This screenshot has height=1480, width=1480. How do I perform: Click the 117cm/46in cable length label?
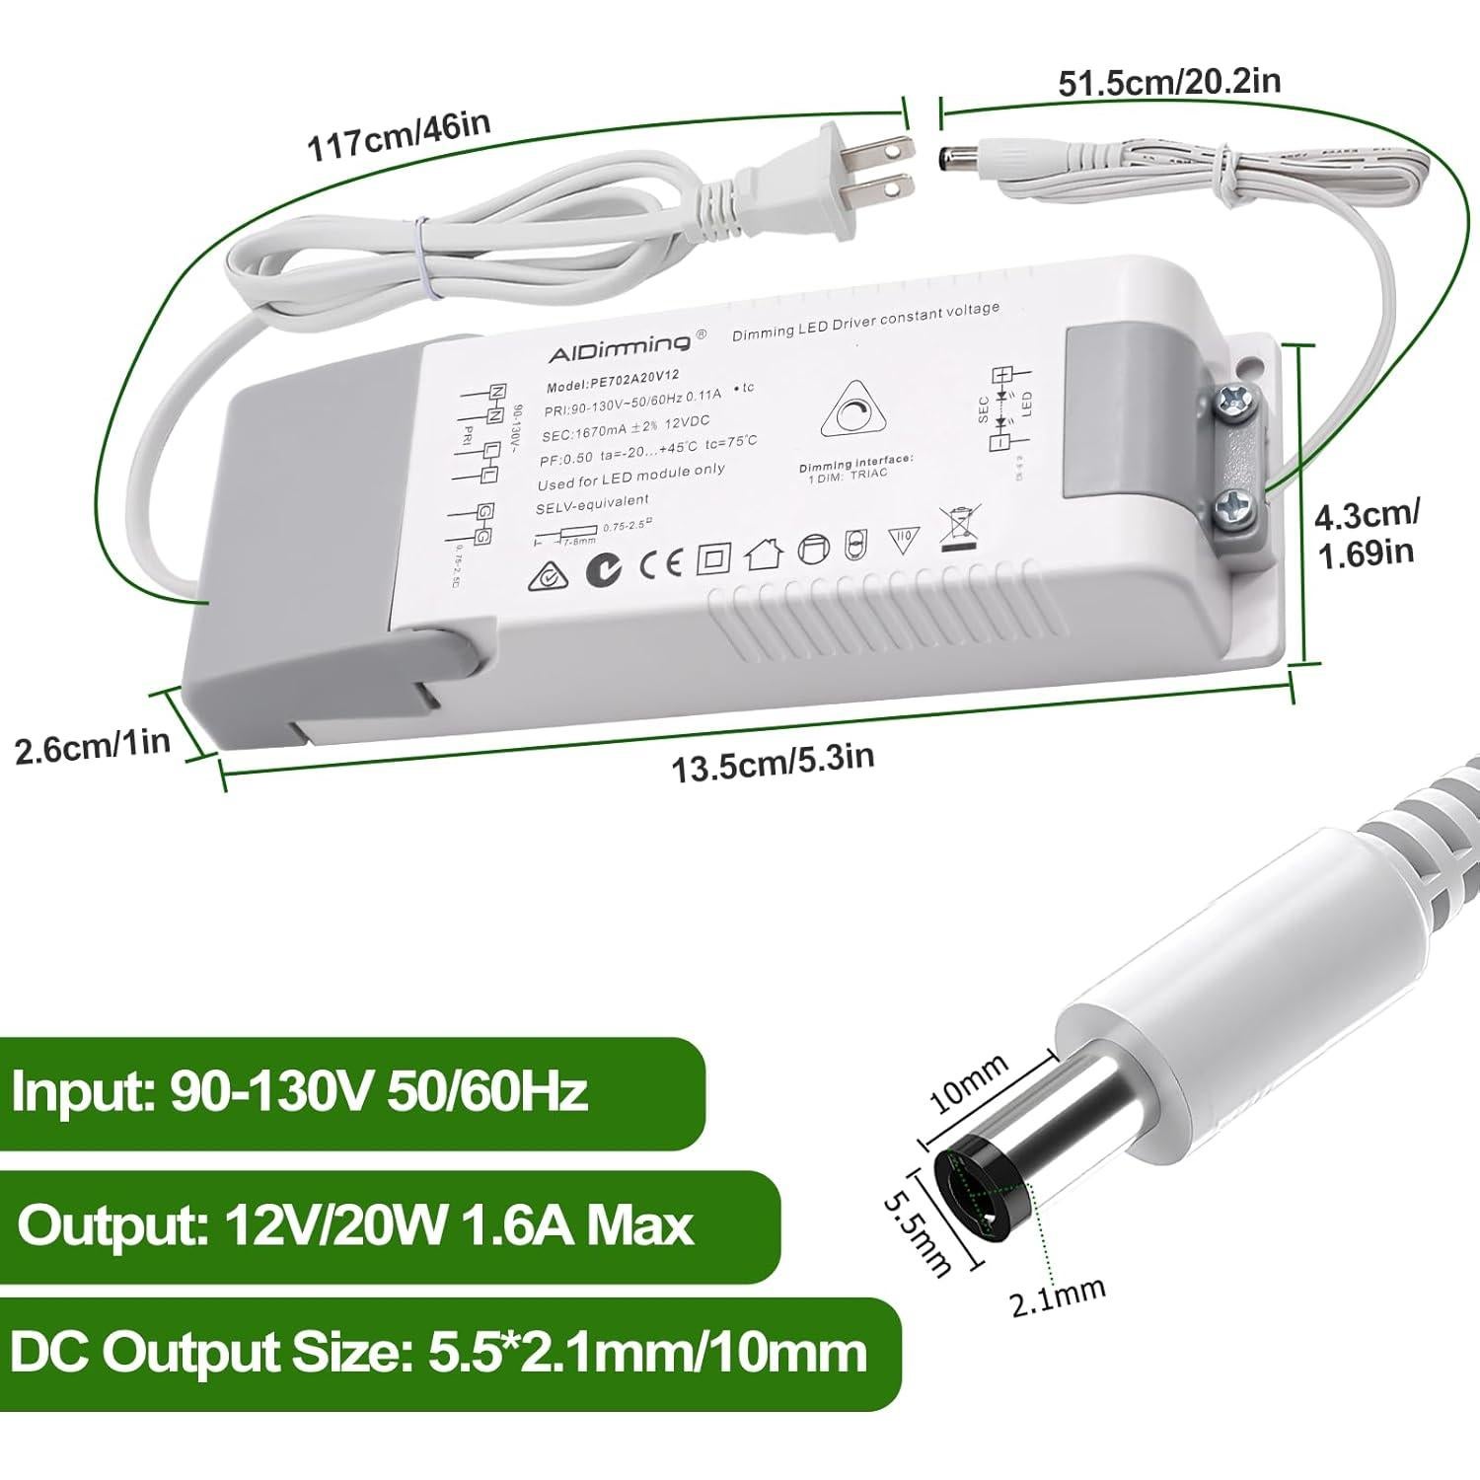(399, 137)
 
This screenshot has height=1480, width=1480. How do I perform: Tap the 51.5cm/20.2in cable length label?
(1169, 81)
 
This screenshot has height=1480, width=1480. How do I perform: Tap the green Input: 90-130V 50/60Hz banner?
(301, 1092)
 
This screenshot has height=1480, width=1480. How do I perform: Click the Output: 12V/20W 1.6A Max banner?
(355, 1226)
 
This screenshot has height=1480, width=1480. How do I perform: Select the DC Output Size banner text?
(438, 1352)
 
